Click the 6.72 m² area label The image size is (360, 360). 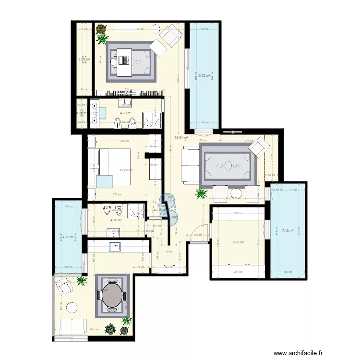tap(205, 75)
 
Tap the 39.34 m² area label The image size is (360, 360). tap(180, 137)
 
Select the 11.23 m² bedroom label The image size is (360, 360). tap(126, 169)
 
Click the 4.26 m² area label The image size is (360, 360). tap(116, 220)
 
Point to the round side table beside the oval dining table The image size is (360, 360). tap(72, 306)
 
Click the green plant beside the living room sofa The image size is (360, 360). tap(201, 193)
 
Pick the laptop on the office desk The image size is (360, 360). tap(124, 61)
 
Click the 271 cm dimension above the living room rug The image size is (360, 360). tap(249, 140)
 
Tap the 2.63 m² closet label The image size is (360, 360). tap(84, 60)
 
